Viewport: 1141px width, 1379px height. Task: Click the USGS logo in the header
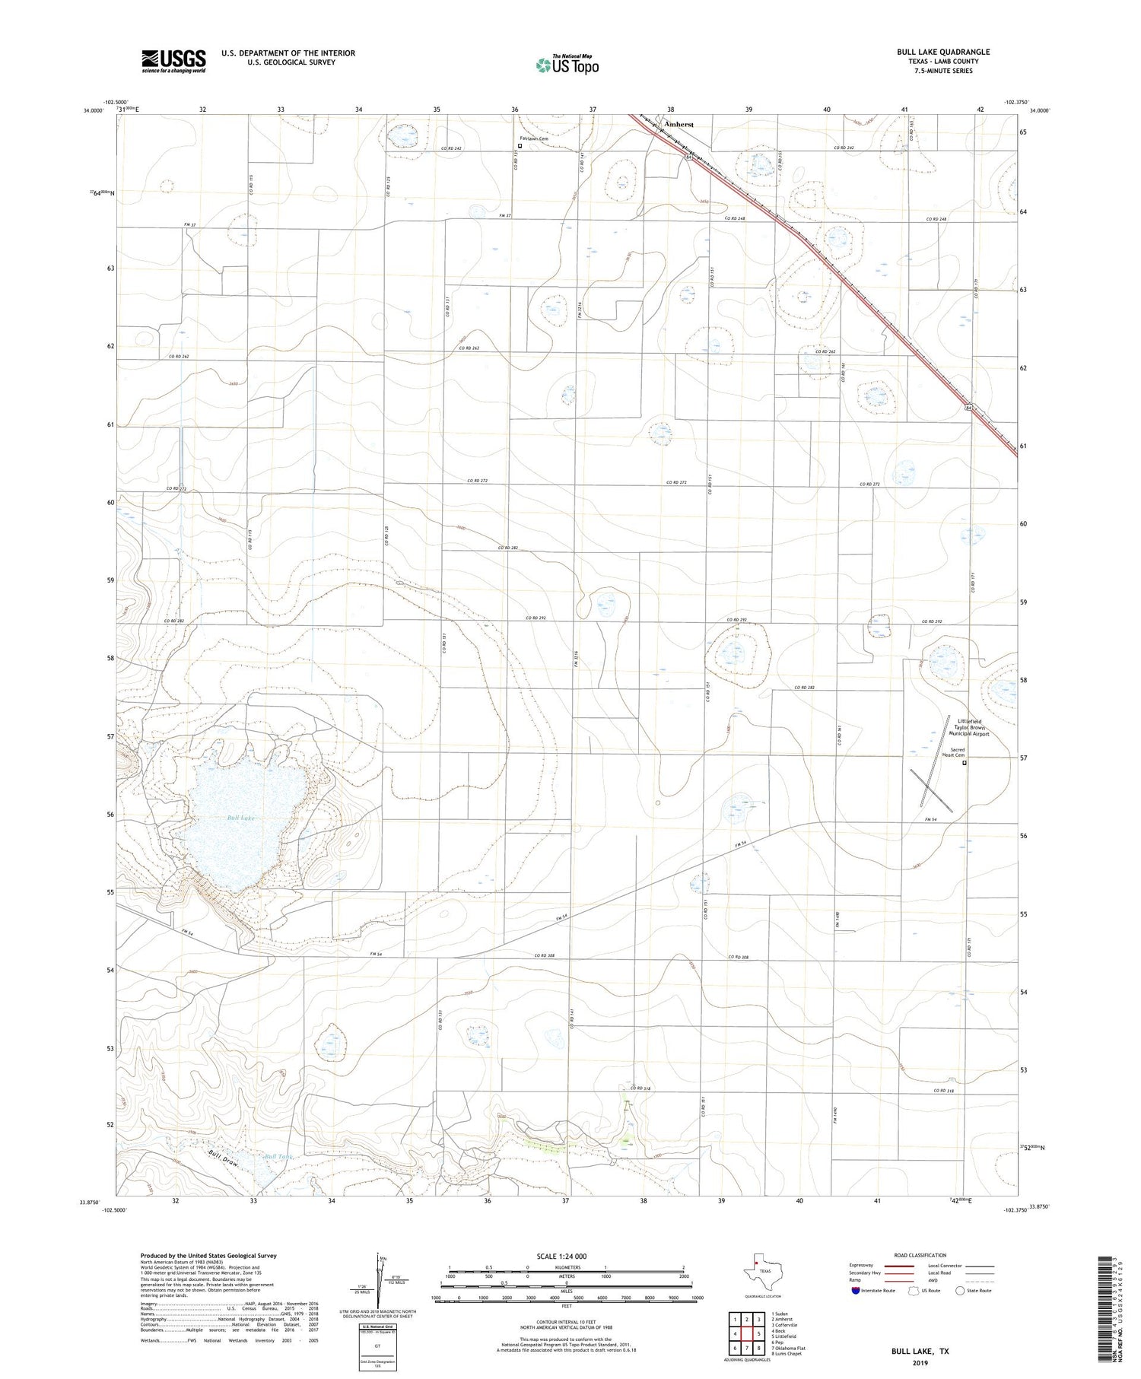173,61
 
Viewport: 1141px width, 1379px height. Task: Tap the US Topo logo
567,65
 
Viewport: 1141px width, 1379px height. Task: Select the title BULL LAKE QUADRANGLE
942,52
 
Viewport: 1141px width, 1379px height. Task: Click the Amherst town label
679,123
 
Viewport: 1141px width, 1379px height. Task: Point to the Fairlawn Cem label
534,140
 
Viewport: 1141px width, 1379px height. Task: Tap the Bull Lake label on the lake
240,818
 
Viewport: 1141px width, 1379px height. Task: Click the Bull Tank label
278,1157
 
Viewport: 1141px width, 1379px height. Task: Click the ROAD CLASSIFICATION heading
920,1255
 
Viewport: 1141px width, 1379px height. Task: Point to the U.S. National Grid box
377,1348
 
